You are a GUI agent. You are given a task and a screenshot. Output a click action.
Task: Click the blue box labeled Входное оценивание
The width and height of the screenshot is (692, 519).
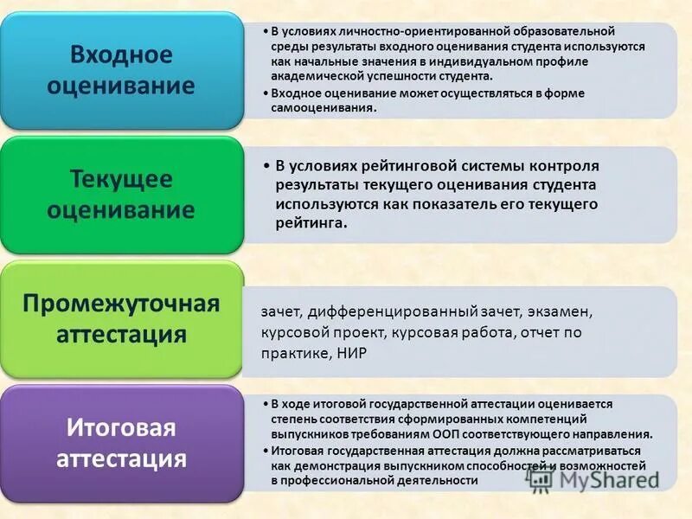click(x=121, y=70)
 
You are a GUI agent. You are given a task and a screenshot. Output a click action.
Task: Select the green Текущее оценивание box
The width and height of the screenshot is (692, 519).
click(x=121, y=194)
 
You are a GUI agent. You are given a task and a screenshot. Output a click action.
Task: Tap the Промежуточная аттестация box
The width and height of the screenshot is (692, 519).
click(x=121, y=318)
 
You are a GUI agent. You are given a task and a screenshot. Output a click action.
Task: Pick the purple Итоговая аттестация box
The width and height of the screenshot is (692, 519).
click(x=121, y=443)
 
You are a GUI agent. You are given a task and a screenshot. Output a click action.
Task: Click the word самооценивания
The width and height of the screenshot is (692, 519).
click(x=324, y=108)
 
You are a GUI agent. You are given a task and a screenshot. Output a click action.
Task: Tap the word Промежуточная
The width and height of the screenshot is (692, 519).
click(x=121, y=304)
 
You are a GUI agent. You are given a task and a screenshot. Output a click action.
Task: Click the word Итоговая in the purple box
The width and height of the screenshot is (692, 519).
click(x=121, y=428)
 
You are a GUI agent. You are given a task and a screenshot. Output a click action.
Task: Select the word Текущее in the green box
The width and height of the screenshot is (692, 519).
click(x=121, y=179)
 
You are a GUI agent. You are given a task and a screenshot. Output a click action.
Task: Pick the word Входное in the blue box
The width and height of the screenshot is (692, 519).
click(x=121, y=54)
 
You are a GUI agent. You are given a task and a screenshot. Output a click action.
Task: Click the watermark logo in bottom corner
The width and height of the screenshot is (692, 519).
click(x=541, y=477)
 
